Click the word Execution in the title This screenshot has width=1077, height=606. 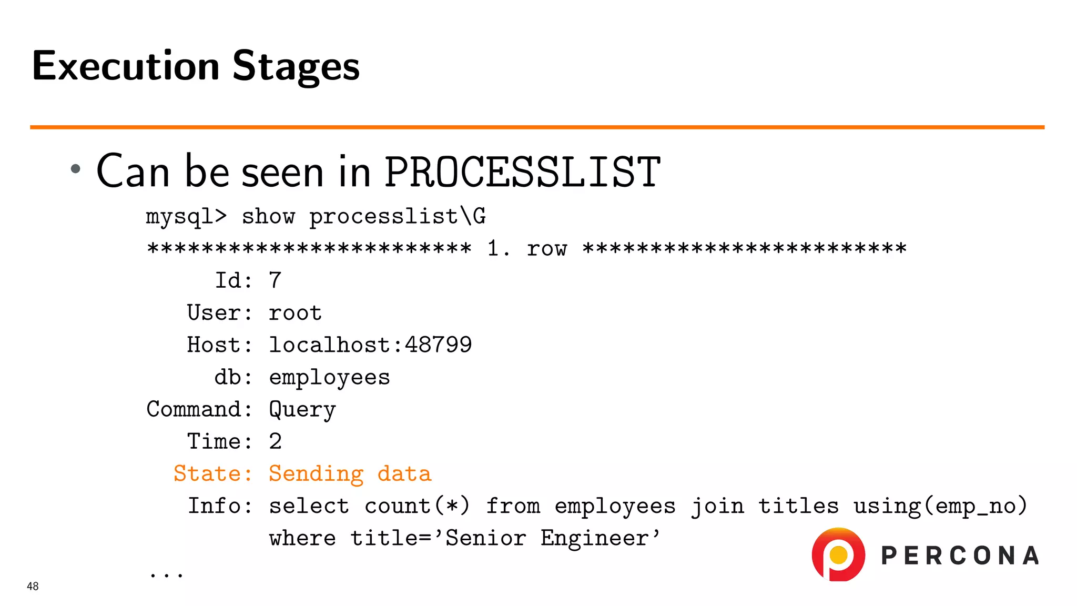click(125, 66)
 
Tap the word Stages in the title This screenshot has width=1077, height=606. click(296, 67)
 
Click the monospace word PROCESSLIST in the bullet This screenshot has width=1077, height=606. click(522, 172)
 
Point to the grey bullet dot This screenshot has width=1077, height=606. click(76, 169)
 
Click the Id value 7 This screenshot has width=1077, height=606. click(275, 280)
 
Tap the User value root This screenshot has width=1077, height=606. click(295, 313)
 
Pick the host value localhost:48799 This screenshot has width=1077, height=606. click(370, 345)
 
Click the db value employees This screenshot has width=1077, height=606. click(329, 378)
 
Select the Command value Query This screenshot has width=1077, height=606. click(302, 410)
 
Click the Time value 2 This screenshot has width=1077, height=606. click(275, 442)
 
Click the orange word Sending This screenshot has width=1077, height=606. click(316, 474)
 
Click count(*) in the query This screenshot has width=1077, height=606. click(417, 506)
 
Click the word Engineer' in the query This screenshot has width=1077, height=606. click(600, 538)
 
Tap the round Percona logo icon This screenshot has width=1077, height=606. click(838, 554)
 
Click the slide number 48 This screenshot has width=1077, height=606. click(33, 587)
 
